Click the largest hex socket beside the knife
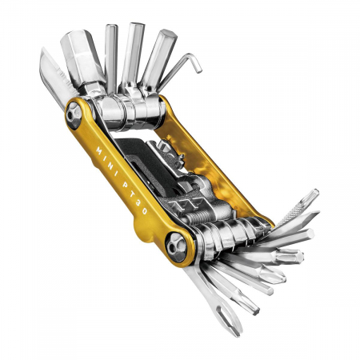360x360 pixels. pyautogui.click(x=84, y=60)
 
